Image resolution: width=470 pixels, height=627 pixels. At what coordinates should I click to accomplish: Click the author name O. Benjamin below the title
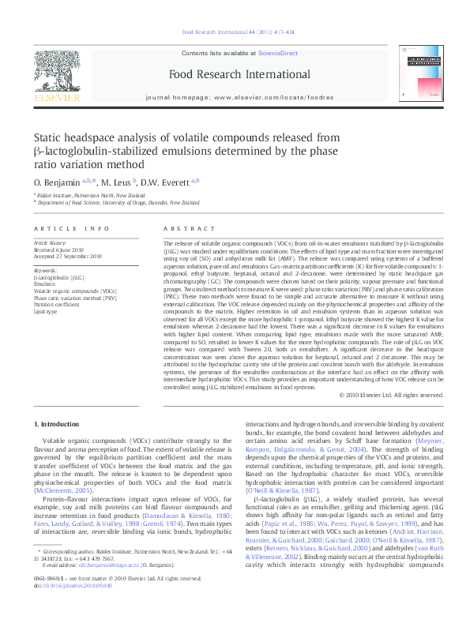click(x=57, y=182)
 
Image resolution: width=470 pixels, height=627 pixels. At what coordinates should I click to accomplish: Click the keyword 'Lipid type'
click(x=46, y=312)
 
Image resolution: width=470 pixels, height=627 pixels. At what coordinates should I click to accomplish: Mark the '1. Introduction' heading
click(x=56, y=424)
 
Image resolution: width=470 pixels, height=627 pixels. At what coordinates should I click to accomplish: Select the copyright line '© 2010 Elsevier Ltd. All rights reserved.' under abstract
click(x=391, y=394)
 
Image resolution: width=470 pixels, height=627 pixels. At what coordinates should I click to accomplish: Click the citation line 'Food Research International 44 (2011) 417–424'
click(x=238, y=32)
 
